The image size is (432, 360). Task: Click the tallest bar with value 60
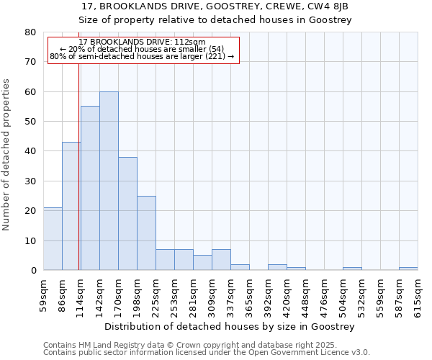pos(109,181)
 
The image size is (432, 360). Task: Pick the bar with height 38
pos(127,214)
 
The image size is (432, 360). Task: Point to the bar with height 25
pos(146,233)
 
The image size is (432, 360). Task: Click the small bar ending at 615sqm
pos(408,269)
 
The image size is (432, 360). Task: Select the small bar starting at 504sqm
pos(352,269)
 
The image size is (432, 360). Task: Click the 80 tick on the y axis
pos(30,32)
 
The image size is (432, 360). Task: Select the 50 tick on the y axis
pos(30,122)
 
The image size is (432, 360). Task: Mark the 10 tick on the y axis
pos(30,240)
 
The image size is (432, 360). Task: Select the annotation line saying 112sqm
pos(142,42)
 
